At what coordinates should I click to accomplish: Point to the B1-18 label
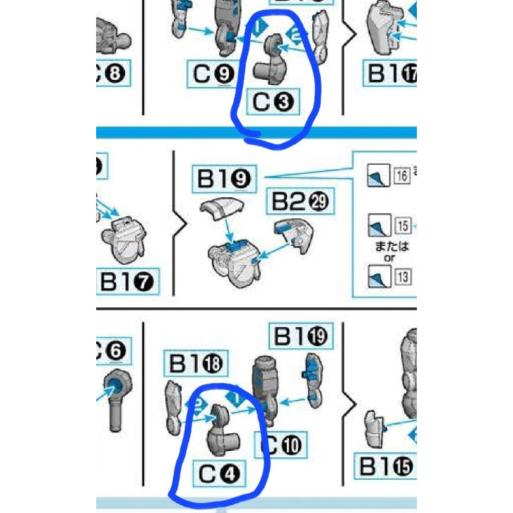tap(196, 364)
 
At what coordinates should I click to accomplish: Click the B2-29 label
tap(300, 204)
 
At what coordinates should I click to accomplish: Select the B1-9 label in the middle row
tap(224, 179)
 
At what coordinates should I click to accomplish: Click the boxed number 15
tap(402, 226)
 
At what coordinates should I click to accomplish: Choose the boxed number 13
tap(402, 277)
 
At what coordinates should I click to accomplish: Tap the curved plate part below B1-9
tap(223, 211)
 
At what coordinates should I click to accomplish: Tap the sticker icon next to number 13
tap(376, 276)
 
